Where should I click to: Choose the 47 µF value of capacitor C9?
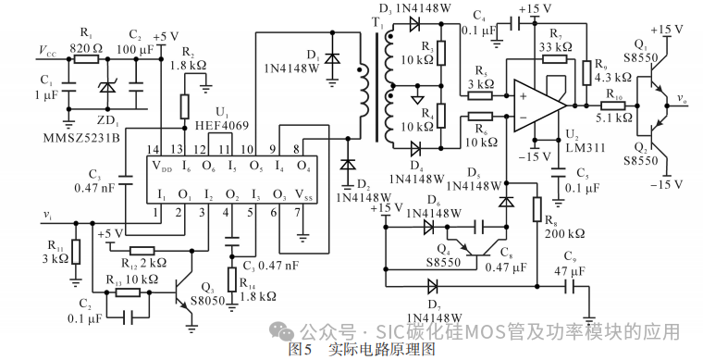pyautogui.click(x=570, y=271)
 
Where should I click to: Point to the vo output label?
pyautogui.click(x=681, y=97)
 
